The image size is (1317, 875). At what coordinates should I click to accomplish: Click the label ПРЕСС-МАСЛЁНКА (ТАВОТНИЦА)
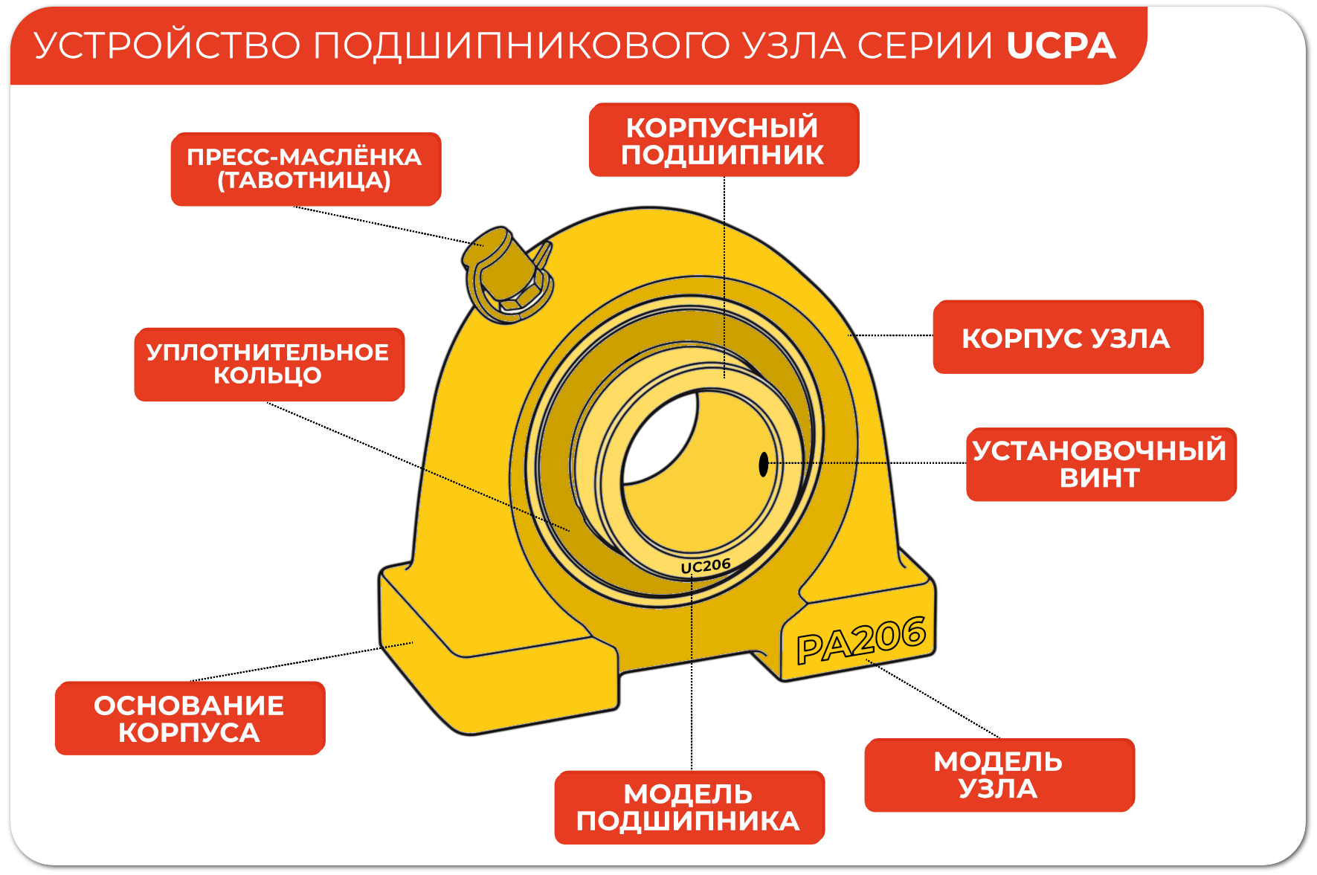point(306,169)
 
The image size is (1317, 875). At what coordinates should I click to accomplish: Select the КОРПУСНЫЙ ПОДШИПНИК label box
point(724,140)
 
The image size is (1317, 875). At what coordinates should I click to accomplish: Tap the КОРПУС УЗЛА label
point(1067,338)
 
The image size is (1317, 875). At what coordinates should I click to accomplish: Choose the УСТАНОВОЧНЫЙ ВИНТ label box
point(1101,464)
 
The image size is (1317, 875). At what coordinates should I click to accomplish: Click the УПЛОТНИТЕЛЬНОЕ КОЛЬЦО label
point(268,364)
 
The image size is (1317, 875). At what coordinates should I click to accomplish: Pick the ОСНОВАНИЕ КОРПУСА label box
point(190,718)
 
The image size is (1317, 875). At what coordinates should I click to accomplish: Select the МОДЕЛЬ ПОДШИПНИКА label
point(689,807)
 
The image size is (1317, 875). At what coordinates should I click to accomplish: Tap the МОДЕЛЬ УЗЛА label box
point(999,775)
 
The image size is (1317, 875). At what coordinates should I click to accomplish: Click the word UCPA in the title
point(1060,46)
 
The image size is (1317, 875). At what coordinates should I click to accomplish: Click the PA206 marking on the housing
point(861,640)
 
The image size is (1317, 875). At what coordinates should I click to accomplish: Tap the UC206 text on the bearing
point(706,566)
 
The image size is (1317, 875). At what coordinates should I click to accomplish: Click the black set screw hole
point(763,465)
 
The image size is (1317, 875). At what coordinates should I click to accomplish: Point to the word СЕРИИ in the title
point(924,46)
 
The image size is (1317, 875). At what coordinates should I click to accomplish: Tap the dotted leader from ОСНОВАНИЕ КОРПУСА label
point(297,662)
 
